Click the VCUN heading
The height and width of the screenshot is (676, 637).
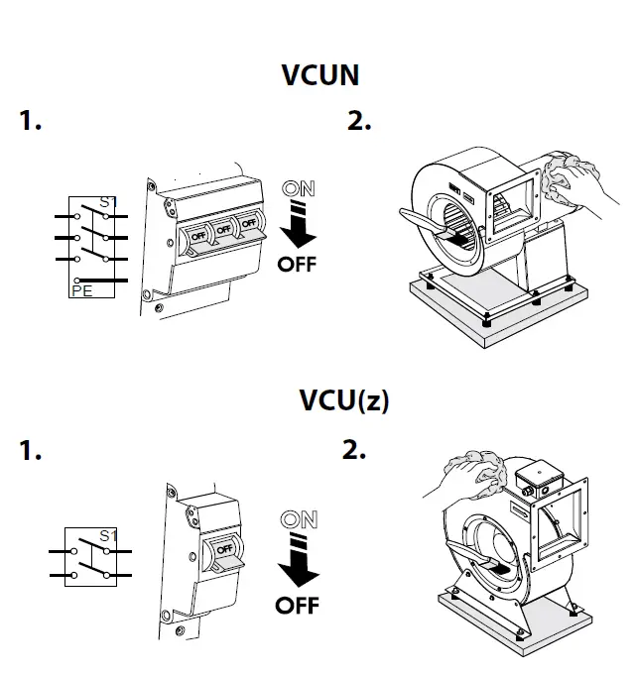(319, 74)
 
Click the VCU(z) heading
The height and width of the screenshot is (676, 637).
(344, 400)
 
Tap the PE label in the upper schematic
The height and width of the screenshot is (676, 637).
(82, 289)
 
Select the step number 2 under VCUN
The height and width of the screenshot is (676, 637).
(359, 122)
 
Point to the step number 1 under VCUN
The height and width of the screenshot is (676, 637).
(31, 122)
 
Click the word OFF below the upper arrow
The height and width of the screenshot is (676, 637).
(298, 265)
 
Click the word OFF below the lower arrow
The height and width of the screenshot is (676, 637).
(298, 604)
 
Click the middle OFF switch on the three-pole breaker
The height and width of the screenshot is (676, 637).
(223, 231)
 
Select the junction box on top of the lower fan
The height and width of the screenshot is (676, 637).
(542, 480)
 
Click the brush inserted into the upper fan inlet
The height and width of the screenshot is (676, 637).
(426, 224)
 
